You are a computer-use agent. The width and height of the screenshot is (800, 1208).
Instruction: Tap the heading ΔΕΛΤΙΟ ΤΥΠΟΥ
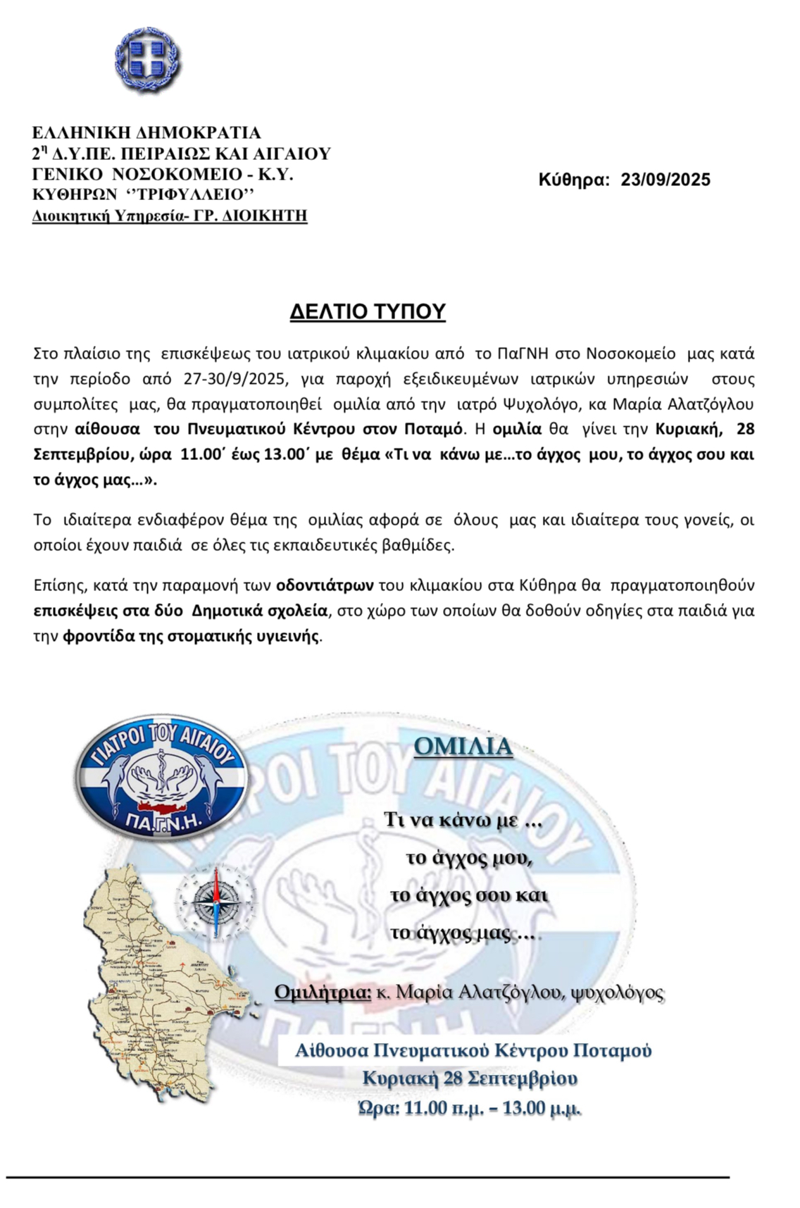tap(368, 311)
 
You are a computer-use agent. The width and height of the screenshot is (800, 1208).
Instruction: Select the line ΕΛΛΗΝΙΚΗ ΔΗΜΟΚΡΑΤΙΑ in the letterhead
tap(146, 132)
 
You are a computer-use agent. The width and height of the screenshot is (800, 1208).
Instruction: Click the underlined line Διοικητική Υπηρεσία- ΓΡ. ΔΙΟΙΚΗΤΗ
tap(170, 216)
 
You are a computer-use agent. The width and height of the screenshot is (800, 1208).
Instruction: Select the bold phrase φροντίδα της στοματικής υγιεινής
tap(191, 637)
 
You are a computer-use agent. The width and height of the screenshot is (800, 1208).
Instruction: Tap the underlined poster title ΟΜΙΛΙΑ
tap(463, 747)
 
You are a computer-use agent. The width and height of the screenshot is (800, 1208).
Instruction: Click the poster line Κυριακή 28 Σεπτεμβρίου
tap(470, 1078)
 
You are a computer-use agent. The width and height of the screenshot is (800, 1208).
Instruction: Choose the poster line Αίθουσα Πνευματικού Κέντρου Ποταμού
tap(473, 1051)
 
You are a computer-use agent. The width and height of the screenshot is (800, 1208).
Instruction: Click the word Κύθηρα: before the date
tap(573, 180)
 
